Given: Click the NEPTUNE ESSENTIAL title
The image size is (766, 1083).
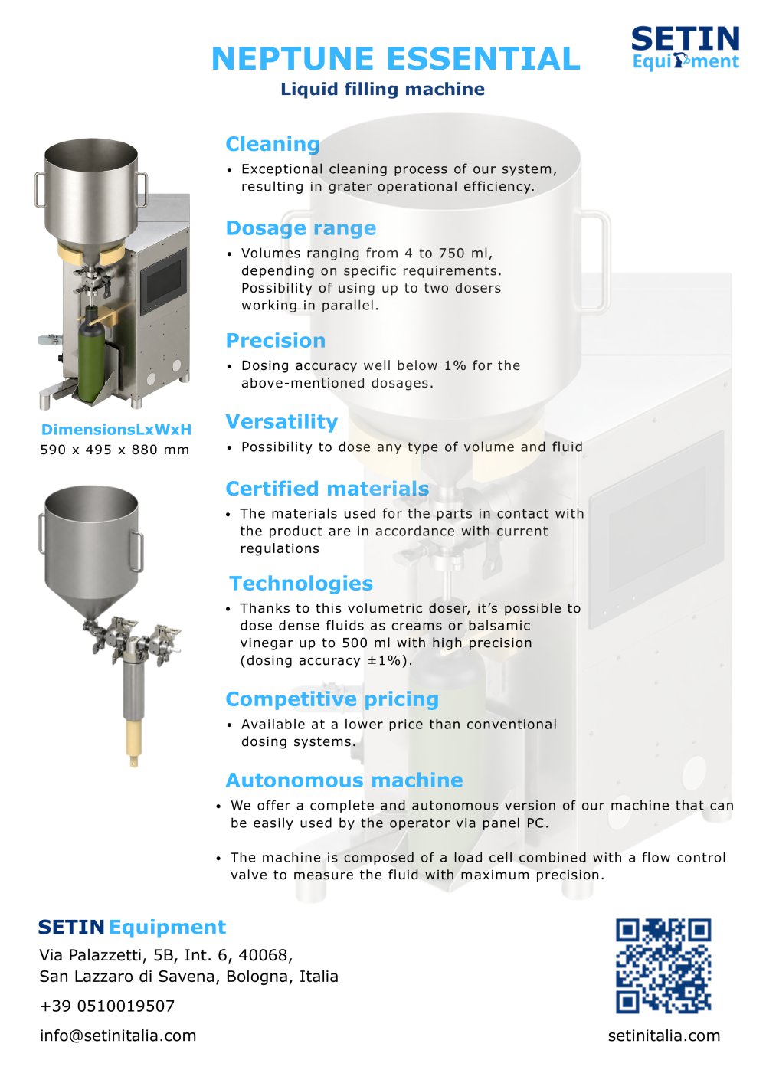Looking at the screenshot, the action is click(395, 59).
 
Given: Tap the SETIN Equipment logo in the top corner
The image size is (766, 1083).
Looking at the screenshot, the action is click(686, 47).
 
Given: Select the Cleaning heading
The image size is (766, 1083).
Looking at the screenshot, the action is click(273, 144).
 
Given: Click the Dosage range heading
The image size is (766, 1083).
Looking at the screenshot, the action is click(301, 228).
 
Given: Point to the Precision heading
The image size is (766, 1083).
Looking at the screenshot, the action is click(276, 341).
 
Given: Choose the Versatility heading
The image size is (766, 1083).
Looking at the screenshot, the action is click(281, 422).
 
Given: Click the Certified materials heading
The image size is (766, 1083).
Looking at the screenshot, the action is click(327, 489).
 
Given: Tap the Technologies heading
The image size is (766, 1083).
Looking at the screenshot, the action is click(301, 584).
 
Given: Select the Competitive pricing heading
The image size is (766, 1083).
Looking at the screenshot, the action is click(332, 699).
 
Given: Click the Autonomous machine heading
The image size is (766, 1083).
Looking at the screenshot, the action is click(344, 780).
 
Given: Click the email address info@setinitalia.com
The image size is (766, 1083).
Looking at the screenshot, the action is click(118, 1036).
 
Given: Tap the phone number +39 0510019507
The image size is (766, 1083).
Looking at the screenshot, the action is click(107, 1006).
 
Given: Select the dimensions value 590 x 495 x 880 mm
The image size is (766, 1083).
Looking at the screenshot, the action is click(115, 450).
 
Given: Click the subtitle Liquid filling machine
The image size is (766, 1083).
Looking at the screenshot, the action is click(382, 90).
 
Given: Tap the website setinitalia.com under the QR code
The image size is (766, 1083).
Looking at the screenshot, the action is click(664, 1036).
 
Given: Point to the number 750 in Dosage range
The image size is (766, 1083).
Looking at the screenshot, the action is click(453, 253).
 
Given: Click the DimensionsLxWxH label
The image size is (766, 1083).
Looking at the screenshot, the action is click(116, 430).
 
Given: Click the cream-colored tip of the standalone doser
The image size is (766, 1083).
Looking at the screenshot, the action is click(132, 743).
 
